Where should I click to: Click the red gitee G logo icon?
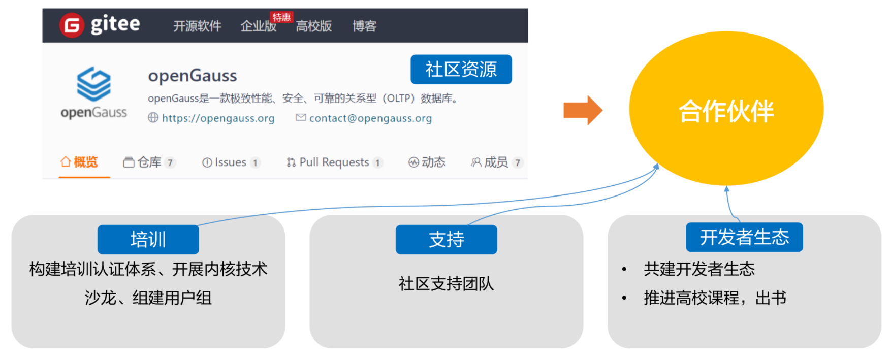(72, 25)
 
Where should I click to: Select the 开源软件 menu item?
(197, 26)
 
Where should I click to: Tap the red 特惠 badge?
(281, 17)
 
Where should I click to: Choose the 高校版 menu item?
(314, 26)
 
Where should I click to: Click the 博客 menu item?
(364, 26)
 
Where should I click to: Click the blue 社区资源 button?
(461, 70)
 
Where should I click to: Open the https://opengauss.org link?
(218, 118)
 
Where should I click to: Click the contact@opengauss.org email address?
(370, 118)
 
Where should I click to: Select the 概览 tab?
(79, 162)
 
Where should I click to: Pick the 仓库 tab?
(149, 162)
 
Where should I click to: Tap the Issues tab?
(230, 162)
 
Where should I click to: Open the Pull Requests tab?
(334, 162)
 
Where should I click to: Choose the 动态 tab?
(427, 162)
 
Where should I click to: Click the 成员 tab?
(495, 162)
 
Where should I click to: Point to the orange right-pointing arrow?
(583, 110)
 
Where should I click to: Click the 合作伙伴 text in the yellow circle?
(726, 111)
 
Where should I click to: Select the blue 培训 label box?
(148, 239)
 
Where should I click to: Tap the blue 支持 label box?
(446, 239)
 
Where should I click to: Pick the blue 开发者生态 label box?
(744, 237)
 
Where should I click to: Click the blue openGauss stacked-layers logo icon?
(93, 84)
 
